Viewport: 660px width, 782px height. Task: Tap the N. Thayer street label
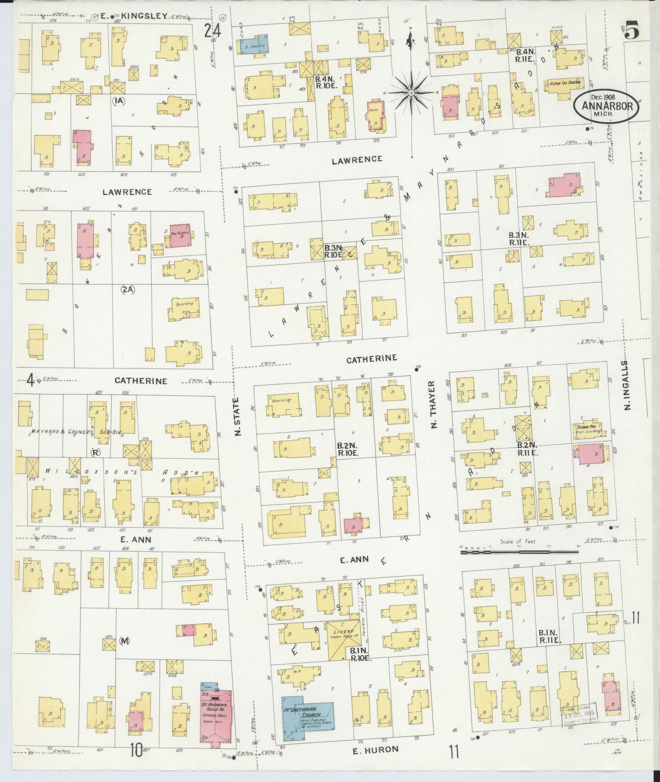coord(433,405)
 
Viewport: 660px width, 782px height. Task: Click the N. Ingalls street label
coord(628,385)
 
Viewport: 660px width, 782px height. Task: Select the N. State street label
coord(238,416)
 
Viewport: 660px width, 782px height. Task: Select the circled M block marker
coord(124,641)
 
